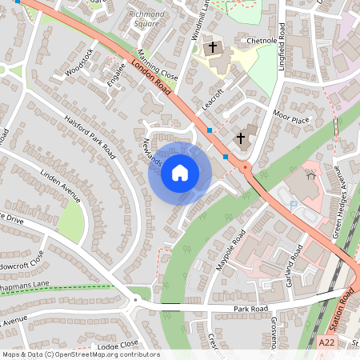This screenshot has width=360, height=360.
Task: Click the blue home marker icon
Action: pyautogui.click(x=180, y=172)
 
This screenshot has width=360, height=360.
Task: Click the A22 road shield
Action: pyautogui.click(x=325, y=342)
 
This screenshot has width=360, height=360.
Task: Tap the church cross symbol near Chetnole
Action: pyautogui.click(x=213, y=47)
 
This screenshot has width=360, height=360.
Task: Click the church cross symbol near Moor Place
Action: pyautogui.click(x=240, y=138)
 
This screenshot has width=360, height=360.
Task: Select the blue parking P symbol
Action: pyautogui.click(x=294, y=206)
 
